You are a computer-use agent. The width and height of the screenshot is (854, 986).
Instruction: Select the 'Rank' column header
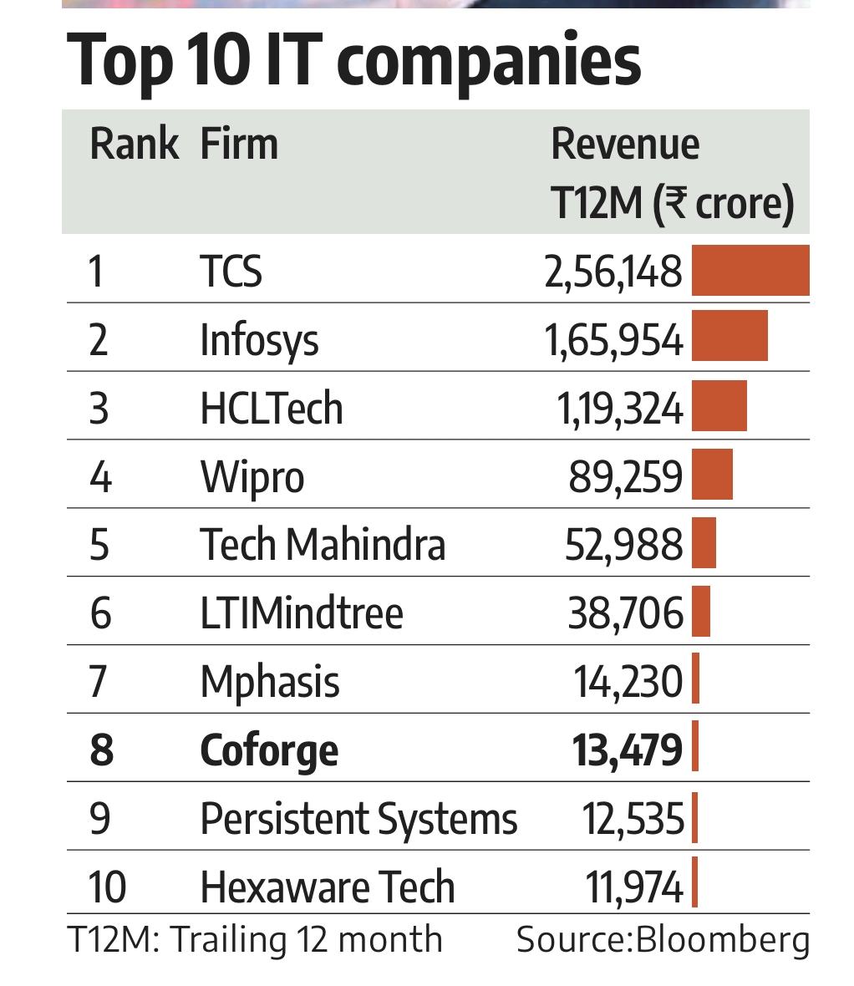pyautogui.click(x=133, y=145)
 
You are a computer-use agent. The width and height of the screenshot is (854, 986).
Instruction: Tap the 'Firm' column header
pyautogui.click(x=239, y=145)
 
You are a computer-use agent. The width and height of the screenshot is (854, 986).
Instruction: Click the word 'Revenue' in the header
pyautogui.click(x=625, y=145)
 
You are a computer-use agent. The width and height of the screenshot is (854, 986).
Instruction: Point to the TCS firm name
pyautogui.click(x=231, y=272)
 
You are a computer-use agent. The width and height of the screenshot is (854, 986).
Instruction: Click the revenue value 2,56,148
pyautogui.click(x=613, y=272)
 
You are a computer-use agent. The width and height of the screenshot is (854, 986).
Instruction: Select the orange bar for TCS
pyautogui.click(x=750, y=270)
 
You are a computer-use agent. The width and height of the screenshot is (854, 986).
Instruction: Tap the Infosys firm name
pyautogui.click(x=259, y=341)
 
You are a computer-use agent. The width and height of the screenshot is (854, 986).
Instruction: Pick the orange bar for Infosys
pyautogui.click(x=729, y=336)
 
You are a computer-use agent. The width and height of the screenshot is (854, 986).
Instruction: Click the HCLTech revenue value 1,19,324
pyautogui.click(x=619, y=409)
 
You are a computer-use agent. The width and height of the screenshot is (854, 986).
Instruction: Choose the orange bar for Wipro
pyautogui.click(x=712, y=475)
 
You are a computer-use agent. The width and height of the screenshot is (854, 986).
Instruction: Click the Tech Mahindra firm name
pyautogui.click(x=323, y=546)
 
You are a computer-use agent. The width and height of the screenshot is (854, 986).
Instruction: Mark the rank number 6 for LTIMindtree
pyautogui.click(x=100, y=614)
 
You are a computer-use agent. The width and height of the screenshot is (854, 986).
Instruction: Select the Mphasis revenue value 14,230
pyautogui.click(x=628, y=682)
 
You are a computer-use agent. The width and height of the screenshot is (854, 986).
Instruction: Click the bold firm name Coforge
pyautogui.click(x=269, y=751)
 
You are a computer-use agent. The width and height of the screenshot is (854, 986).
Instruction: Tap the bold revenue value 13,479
pyautogui.click(x=627, y=750)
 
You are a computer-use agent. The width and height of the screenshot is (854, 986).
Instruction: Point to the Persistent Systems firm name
pyautogui.click(x=358, y=819)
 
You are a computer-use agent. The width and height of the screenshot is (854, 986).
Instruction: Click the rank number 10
pyautogui.click(x=107, y=887)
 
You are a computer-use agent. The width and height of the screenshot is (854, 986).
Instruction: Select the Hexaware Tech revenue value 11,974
pyautogui.click(x=633, y=887)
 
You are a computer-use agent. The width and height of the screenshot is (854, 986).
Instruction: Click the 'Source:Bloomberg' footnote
pyautogui.click(x=663, y=940)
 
